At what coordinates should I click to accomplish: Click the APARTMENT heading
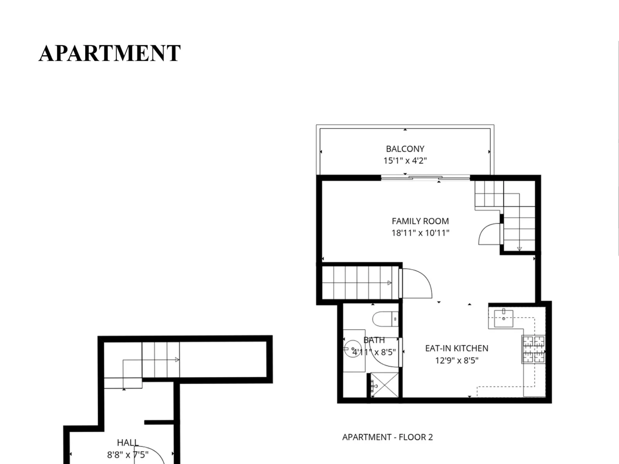click(x=109, y=53)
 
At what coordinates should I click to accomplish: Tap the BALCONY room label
click(x=405, y=149)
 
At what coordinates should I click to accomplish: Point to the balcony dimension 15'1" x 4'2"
click(x=405, y=160)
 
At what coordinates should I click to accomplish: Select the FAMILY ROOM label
click(x=420, y=221)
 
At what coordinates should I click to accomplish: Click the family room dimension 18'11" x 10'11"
click(x=420, y=233)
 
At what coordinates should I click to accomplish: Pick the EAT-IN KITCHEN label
click(x=457, y=348)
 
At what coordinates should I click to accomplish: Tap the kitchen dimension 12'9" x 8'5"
click(x=457, y=361)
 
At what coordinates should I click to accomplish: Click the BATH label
click(x=374, y=340)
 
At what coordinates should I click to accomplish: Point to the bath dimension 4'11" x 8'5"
click(x=374, y=352)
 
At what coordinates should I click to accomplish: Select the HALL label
click(x=128, y=443)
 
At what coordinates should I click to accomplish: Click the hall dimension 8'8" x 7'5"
click(x=128, y=455)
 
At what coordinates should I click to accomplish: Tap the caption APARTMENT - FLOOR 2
click(x=388, y=437)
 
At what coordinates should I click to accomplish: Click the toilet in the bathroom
click(x=385, y=319)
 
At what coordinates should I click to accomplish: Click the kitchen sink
click(x=504, y=318)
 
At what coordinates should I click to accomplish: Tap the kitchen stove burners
click(x=534, y=349)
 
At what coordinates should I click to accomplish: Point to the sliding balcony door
click(x=426, y=178)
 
